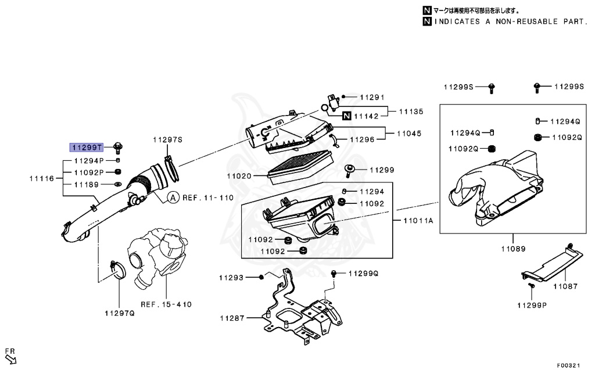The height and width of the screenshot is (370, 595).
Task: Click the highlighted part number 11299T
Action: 87,147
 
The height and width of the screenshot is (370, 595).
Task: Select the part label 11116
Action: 41,178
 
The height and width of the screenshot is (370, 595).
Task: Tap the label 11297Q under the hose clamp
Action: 119,314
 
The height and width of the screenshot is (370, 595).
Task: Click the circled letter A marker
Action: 173,197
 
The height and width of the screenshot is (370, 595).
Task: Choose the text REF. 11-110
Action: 208,198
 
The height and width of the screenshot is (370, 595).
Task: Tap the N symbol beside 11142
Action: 346,116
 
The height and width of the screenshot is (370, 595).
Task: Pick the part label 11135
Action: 410,112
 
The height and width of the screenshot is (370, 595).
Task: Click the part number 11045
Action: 410,134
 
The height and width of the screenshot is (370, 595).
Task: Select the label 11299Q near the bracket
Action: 363,273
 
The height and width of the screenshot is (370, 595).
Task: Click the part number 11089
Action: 513,249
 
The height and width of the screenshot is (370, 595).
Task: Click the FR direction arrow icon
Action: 10,360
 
